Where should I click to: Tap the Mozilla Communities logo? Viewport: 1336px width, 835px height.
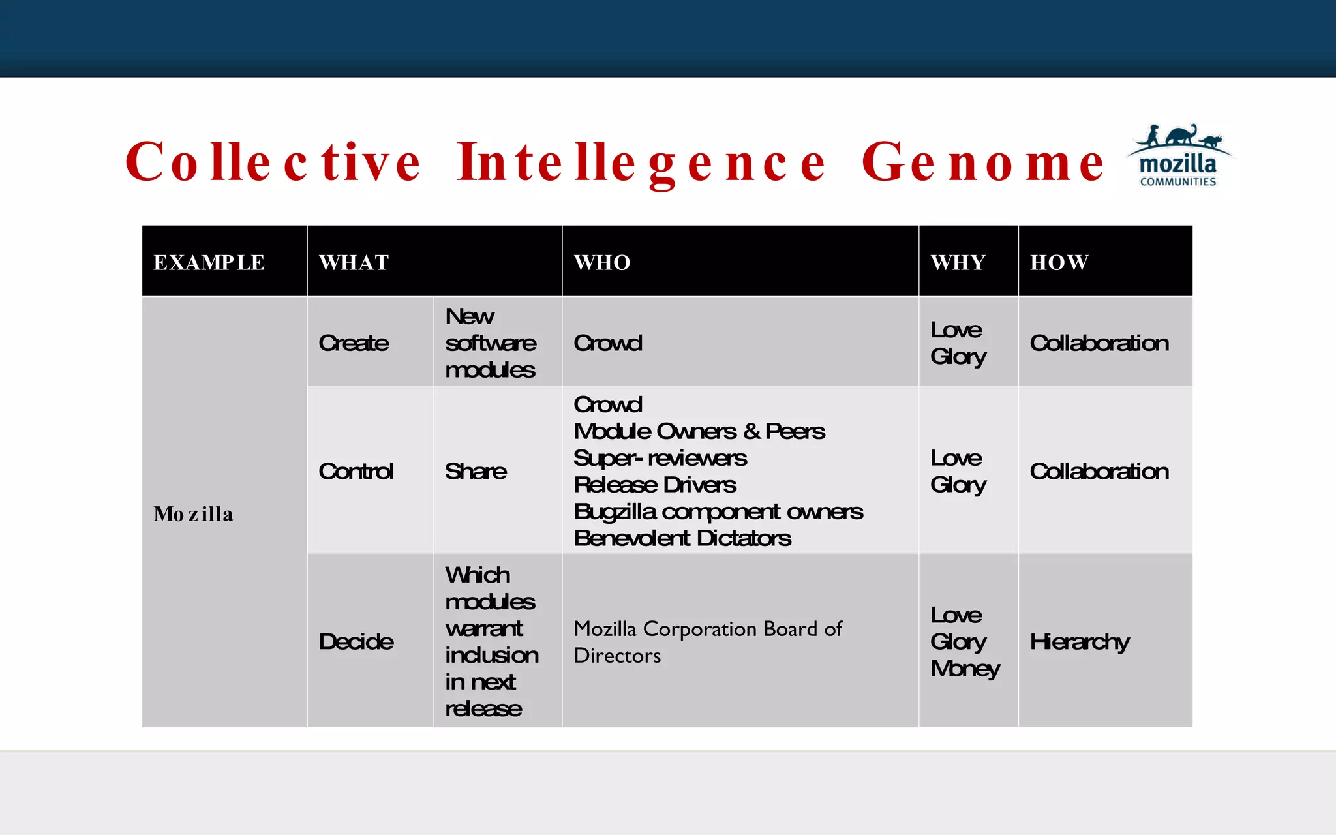[x=1178, y=157]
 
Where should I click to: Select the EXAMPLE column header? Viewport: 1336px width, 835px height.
[x=209, y=262]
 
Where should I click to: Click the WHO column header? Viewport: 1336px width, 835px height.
[x=602, y=262]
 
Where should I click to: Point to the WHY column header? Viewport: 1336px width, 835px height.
[x=958, y=262]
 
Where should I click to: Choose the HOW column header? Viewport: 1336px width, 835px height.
[x=1059, y=262]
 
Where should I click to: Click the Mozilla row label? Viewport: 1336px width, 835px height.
[x=193, y=514]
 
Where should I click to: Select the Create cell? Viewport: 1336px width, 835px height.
[x=354, y=343]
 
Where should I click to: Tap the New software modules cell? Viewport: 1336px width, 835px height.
[x=491, y=343]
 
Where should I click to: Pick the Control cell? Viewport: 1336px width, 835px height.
[x=356, y=471]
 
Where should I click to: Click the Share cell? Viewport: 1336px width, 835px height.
[x=476, y=471]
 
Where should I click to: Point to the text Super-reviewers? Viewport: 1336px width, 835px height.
[x=660, y=458]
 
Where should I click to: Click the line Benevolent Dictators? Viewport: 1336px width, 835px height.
[x=682, y=538]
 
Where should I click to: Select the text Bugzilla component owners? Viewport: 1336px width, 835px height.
[x=718, y=511]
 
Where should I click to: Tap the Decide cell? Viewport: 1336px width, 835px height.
[x=356, y=641]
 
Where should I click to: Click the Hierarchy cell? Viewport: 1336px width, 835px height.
[x=1080, y=641]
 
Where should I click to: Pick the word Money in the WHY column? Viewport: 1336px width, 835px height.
[x=965, y=669]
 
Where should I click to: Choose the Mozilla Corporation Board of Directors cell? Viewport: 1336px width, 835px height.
[x=708, y=642]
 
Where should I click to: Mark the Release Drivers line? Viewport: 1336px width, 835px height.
[x=655, y=485]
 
